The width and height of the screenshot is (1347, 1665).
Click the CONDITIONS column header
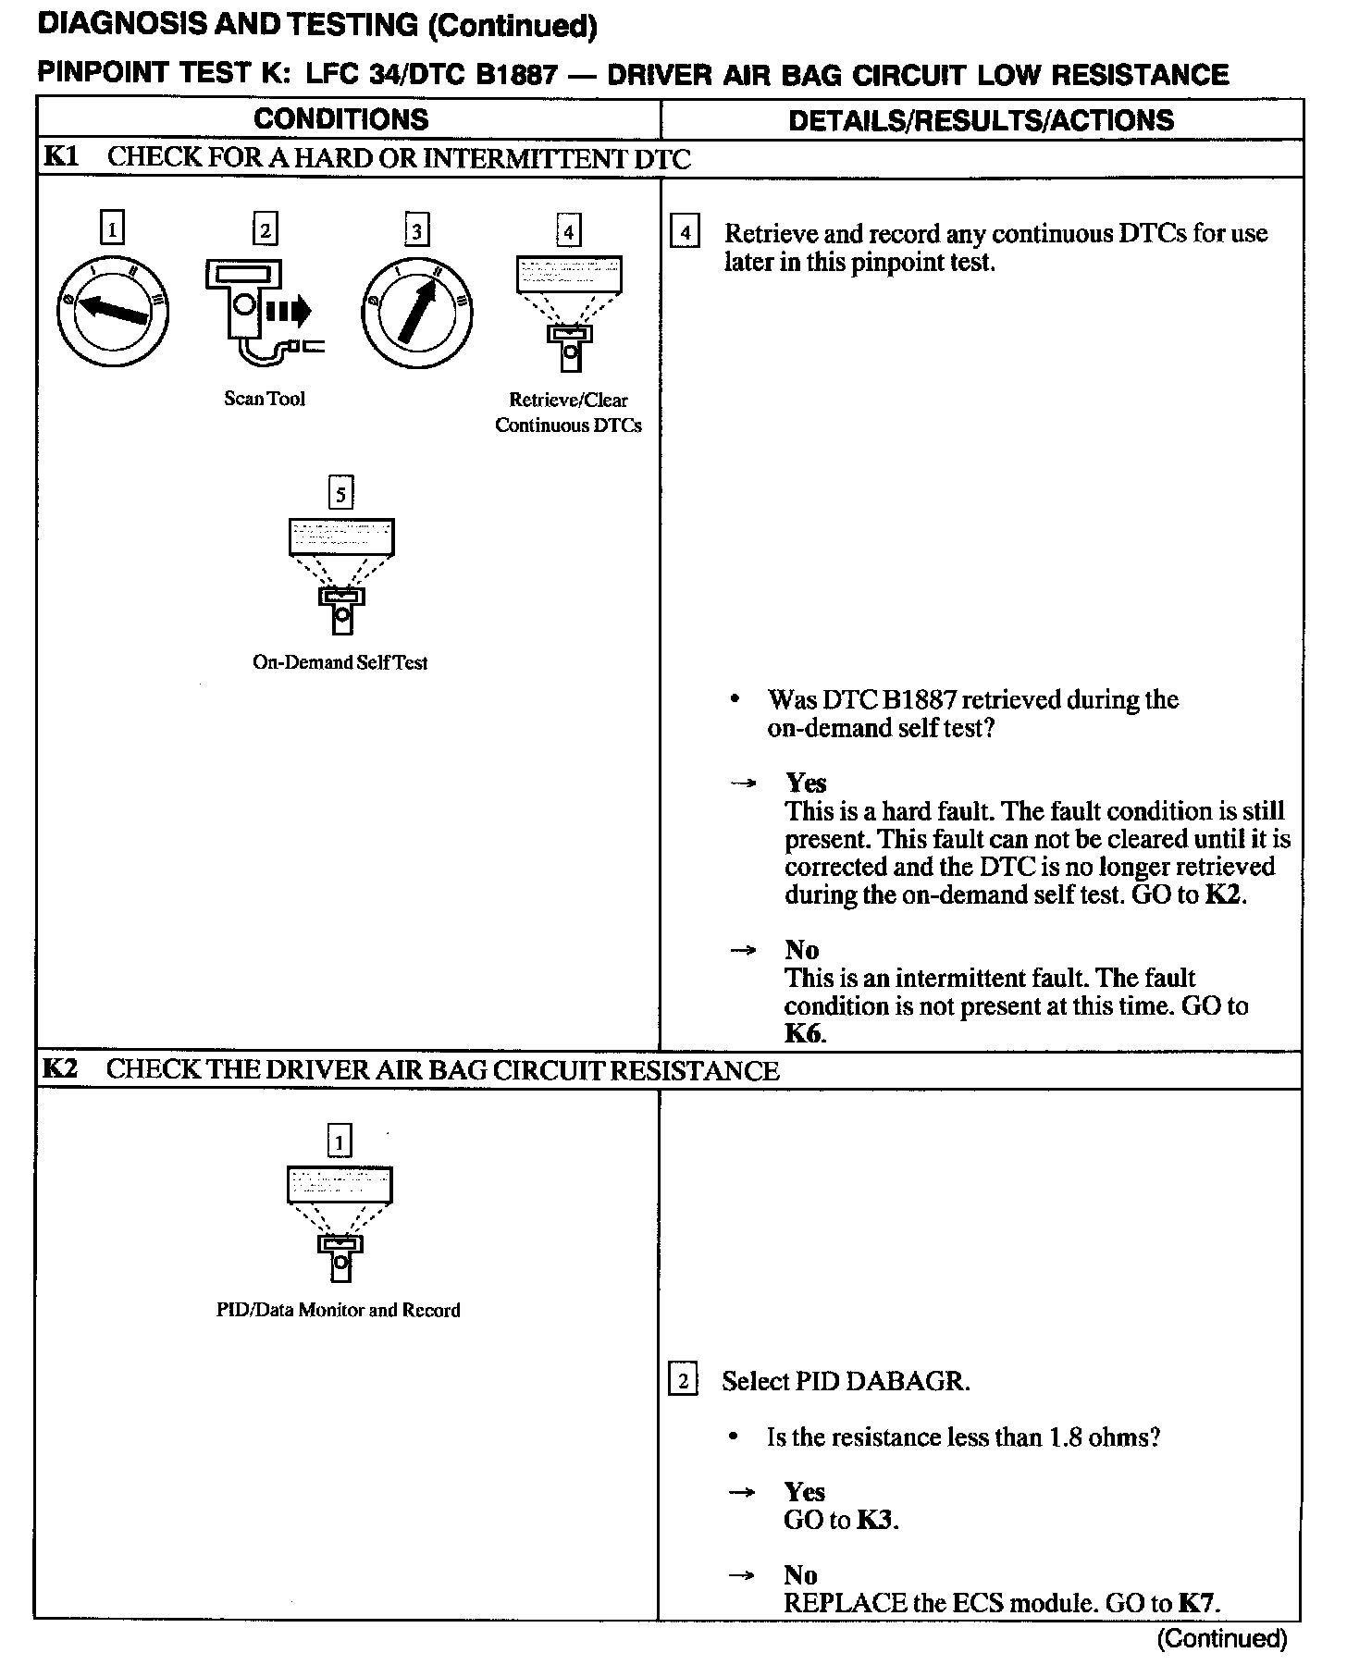pyautogui.click(x=340, y=119)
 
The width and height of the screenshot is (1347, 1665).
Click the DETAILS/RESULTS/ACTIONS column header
pyautogui.click(x=981, y=120)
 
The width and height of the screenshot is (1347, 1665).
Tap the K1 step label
pyautogui.click(x=60, y=156)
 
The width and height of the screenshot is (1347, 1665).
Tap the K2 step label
pyautogui.click(x=60, y=1069)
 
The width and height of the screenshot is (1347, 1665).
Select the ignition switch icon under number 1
pyautogui.click(x=112, y=312)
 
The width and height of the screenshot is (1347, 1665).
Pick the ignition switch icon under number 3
pyautogui.click(x=416, y=312)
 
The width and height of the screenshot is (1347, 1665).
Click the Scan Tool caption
pyautogui.click(x=265, y=399)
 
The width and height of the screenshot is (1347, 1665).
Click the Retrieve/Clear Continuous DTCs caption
pyautogui.click(x=568, y=413)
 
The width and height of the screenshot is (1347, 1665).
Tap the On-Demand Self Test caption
pyautogui.click(x=340, y=662)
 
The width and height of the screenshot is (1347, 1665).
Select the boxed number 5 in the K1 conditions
pyautogui.click(x=340, y=494)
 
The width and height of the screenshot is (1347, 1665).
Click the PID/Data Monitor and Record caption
pyautogui.click(x=339, y=1310)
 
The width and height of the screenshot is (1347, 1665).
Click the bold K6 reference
pyautogui.click(x=803, y=1033)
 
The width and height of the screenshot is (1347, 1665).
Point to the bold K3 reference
pyautogui.click(x=876, y=1520)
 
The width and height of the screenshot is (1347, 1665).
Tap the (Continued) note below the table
pyautogui.click(x=1221, y=1639)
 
